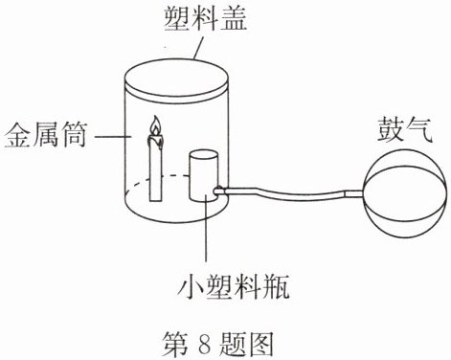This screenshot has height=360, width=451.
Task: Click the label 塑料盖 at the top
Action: point(205,18)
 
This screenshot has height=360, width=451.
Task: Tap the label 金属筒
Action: point(45,135)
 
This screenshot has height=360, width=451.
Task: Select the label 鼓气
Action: point(405,130)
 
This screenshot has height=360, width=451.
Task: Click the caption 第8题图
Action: point(218,344)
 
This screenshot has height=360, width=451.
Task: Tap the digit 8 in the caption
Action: point(205,345)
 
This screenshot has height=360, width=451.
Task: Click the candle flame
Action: point(155,125)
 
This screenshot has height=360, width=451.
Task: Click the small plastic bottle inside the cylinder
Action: point(204,176)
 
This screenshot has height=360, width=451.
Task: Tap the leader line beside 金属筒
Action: point(113,137)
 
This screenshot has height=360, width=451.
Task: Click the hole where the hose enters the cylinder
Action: point(218,191)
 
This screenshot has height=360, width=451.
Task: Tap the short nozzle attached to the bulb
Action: point(354,193)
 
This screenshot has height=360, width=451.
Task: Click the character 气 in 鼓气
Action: point(419,130)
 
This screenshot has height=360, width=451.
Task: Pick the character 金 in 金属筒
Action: point(17,135)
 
